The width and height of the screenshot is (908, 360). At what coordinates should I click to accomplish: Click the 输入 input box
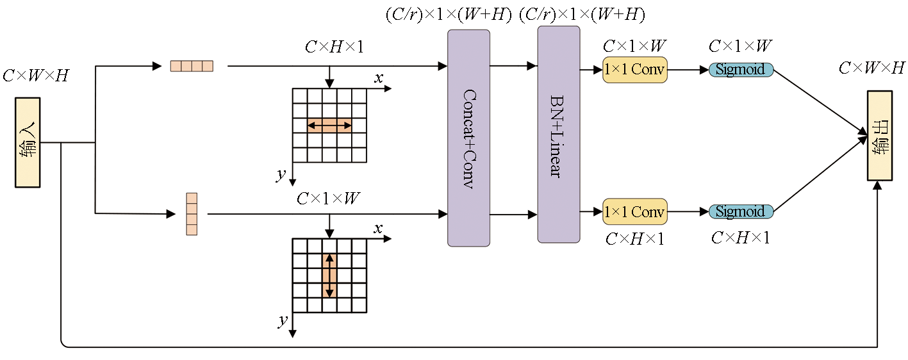[x=28, y=142]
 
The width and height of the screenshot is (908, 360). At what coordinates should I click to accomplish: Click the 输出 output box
[x=879, y=135]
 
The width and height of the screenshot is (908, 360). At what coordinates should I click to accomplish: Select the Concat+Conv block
[x=468, y=138]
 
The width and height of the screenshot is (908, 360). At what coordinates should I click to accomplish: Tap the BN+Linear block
[x=558, y=135]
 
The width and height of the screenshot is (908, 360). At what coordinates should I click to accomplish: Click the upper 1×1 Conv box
[x=634, y=70]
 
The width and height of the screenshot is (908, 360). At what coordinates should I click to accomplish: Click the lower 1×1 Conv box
[x=634, y=211]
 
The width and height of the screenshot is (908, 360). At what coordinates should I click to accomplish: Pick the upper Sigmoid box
[x=741, y=70]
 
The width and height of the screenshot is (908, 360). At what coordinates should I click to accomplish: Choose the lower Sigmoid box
[x=741, y=211]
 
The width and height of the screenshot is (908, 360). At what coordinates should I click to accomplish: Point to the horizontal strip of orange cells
[x=192, y=66]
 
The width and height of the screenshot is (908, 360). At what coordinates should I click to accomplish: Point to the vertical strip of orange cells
[x=192, y=214]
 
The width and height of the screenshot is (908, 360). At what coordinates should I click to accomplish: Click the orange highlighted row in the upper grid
[x=329, y=126]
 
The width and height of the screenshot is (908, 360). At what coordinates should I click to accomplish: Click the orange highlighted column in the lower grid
[x=329, y=275]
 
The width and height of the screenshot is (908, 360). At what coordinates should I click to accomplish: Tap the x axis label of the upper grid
[x=379, y=78]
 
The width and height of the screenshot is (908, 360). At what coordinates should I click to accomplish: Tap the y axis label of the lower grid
[x=282, y=320]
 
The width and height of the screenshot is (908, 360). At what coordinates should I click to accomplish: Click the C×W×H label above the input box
[x=35, y=76]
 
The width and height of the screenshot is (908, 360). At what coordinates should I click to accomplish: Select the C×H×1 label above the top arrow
[x=334, y=47]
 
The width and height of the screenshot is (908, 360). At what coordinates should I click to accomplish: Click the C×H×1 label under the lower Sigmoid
[x=740, y=238]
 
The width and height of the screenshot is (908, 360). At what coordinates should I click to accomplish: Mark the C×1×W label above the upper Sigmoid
[x=740, y=46]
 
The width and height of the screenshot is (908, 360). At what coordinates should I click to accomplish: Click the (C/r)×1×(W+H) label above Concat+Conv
[x=448, y=14]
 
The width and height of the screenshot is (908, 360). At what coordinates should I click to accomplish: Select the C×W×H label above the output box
[x=871, y=68]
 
